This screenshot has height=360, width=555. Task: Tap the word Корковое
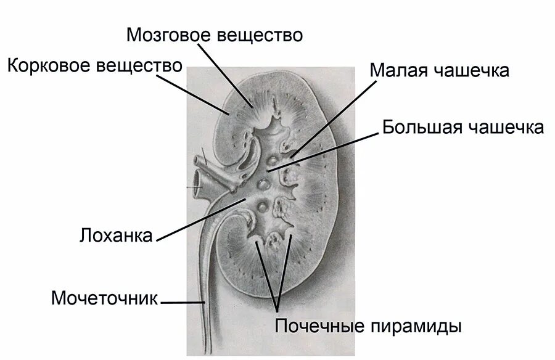(x=49, y=65)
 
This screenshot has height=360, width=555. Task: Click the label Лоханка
(x=116, y=236)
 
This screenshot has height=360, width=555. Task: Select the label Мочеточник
(x=105, y=299)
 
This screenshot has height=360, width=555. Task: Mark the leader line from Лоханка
(x=197, y=216)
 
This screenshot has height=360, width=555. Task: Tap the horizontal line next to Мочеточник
(x=183, y=302)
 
